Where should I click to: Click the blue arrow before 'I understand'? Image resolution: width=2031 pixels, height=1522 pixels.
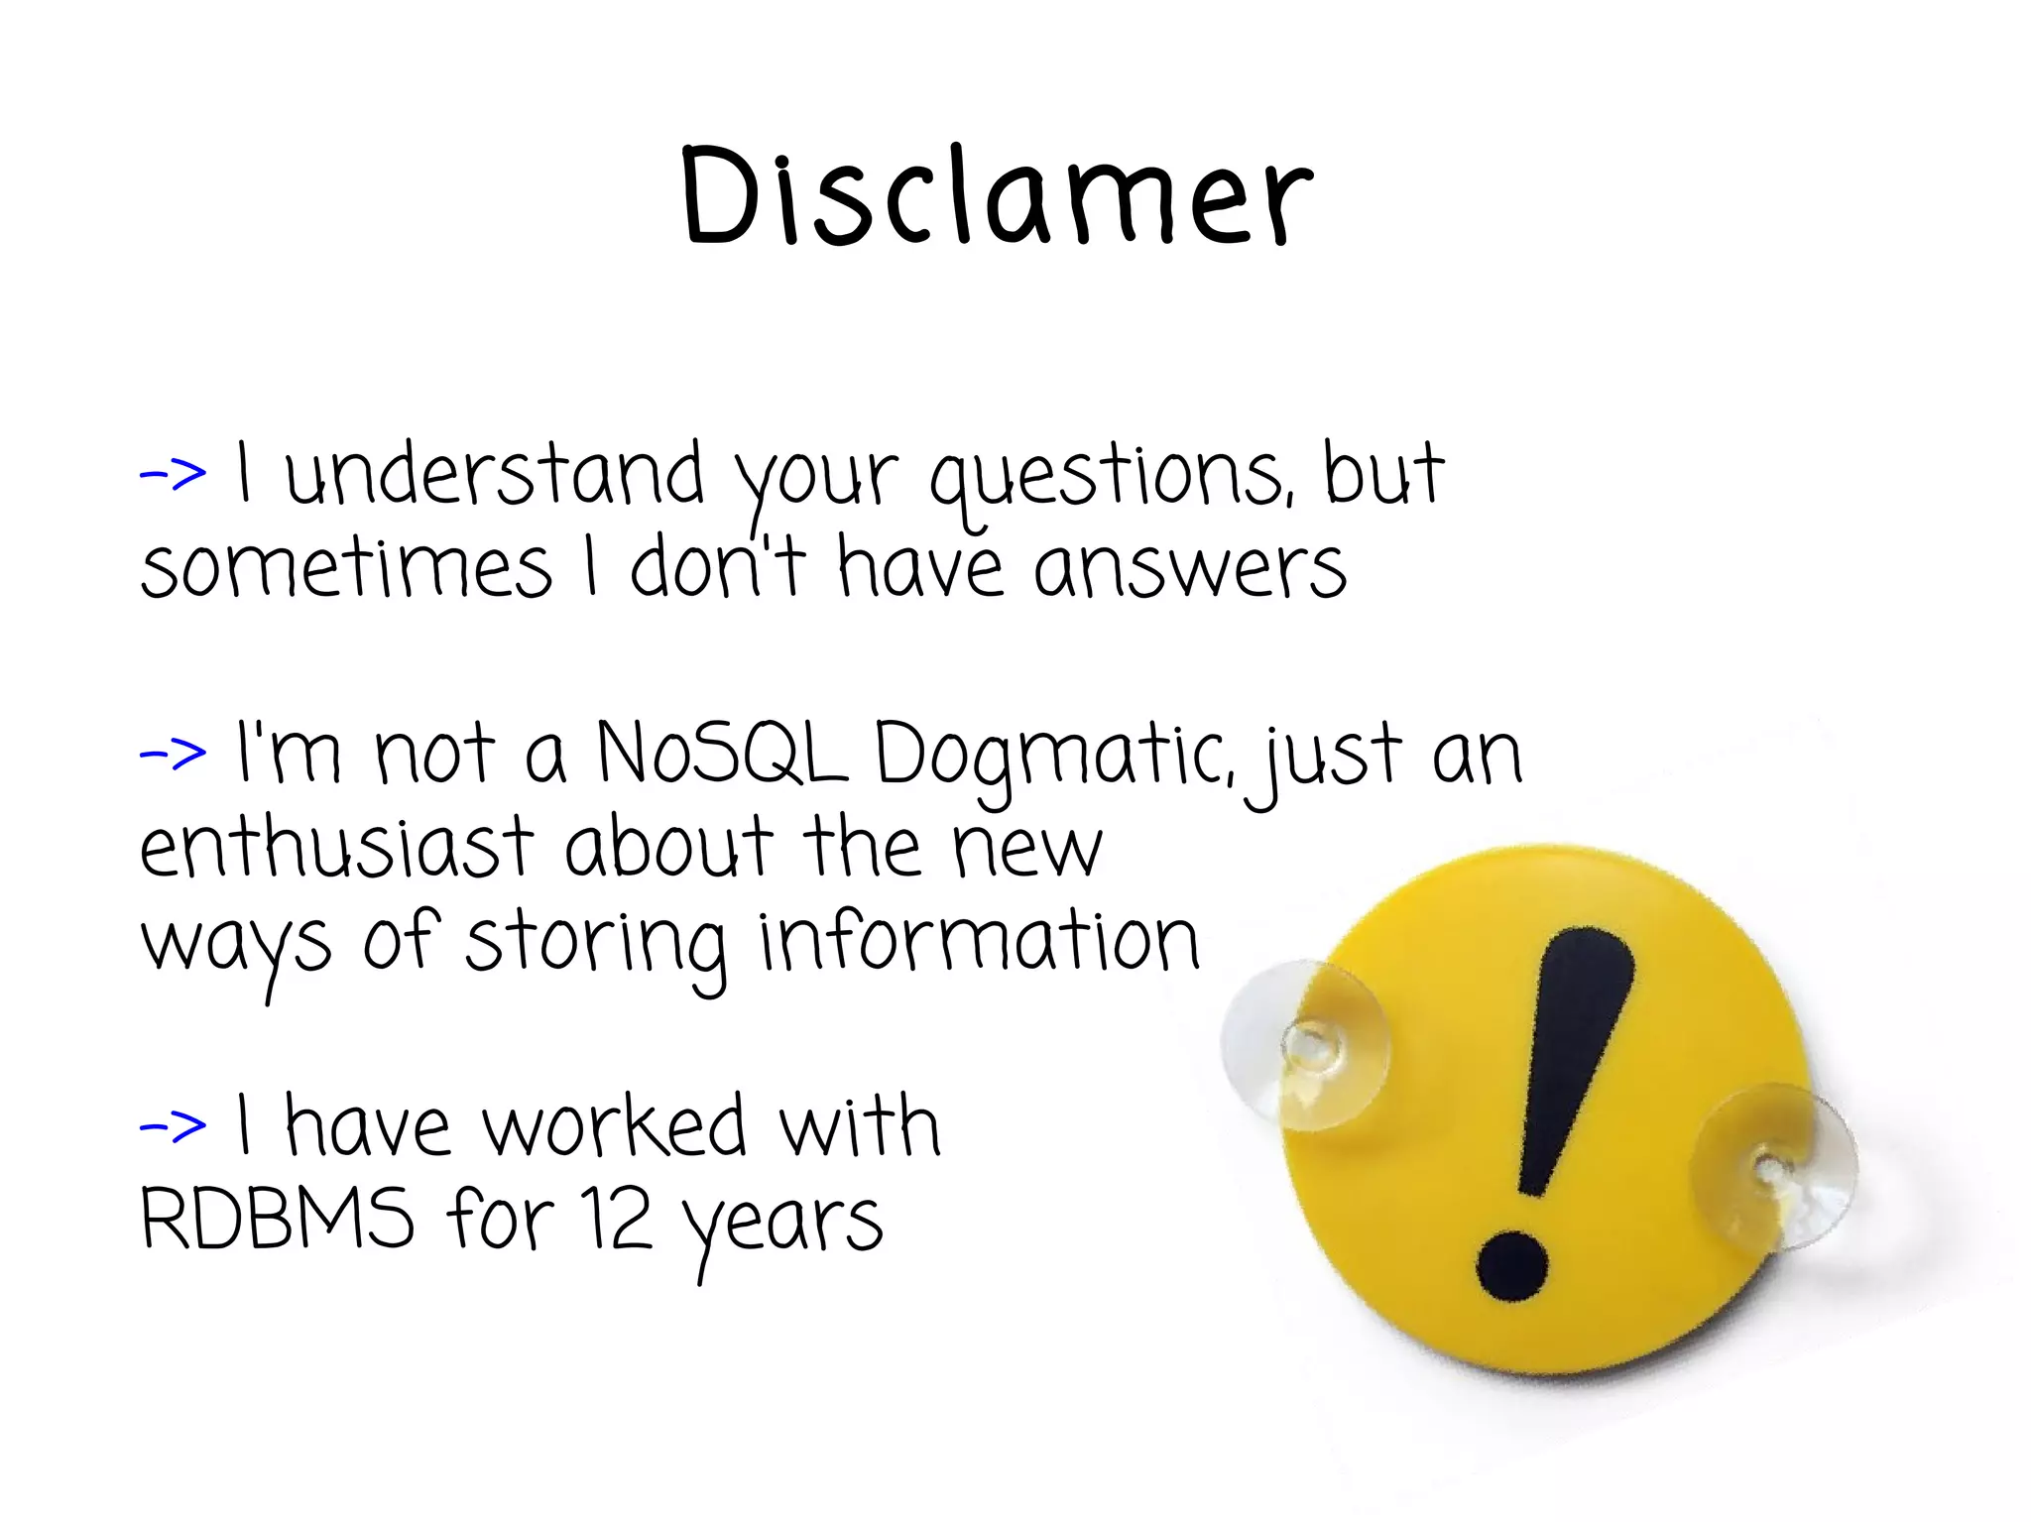tap(173, 473)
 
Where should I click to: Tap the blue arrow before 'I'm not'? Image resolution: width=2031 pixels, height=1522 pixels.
tap(173, 754)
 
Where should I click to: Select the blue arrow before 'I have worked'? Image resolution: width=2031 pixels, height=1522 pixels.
tap(173, 1125)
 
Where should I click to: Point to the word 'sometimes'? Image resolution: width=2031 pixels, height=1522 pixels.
tap(346, 569)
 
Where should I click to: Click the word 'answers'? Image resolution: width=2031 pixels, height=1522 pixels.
tap(1190, 569)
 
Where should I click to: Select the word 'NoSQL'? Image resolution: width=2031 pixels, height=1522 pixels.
tap(721, 754)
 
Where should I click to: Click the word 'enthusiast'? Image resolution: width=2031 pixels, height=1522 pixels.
tap(337, 848)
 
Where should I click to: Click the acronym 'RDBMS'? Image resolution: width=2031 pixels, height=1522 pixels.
tap(277, 1219)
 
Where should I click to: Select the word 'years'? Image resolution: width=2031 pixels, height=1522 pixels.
tap(783, 1226)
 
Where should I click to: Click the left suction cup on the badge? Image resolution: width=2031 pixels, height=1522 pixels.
tap(1307, 1045)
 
